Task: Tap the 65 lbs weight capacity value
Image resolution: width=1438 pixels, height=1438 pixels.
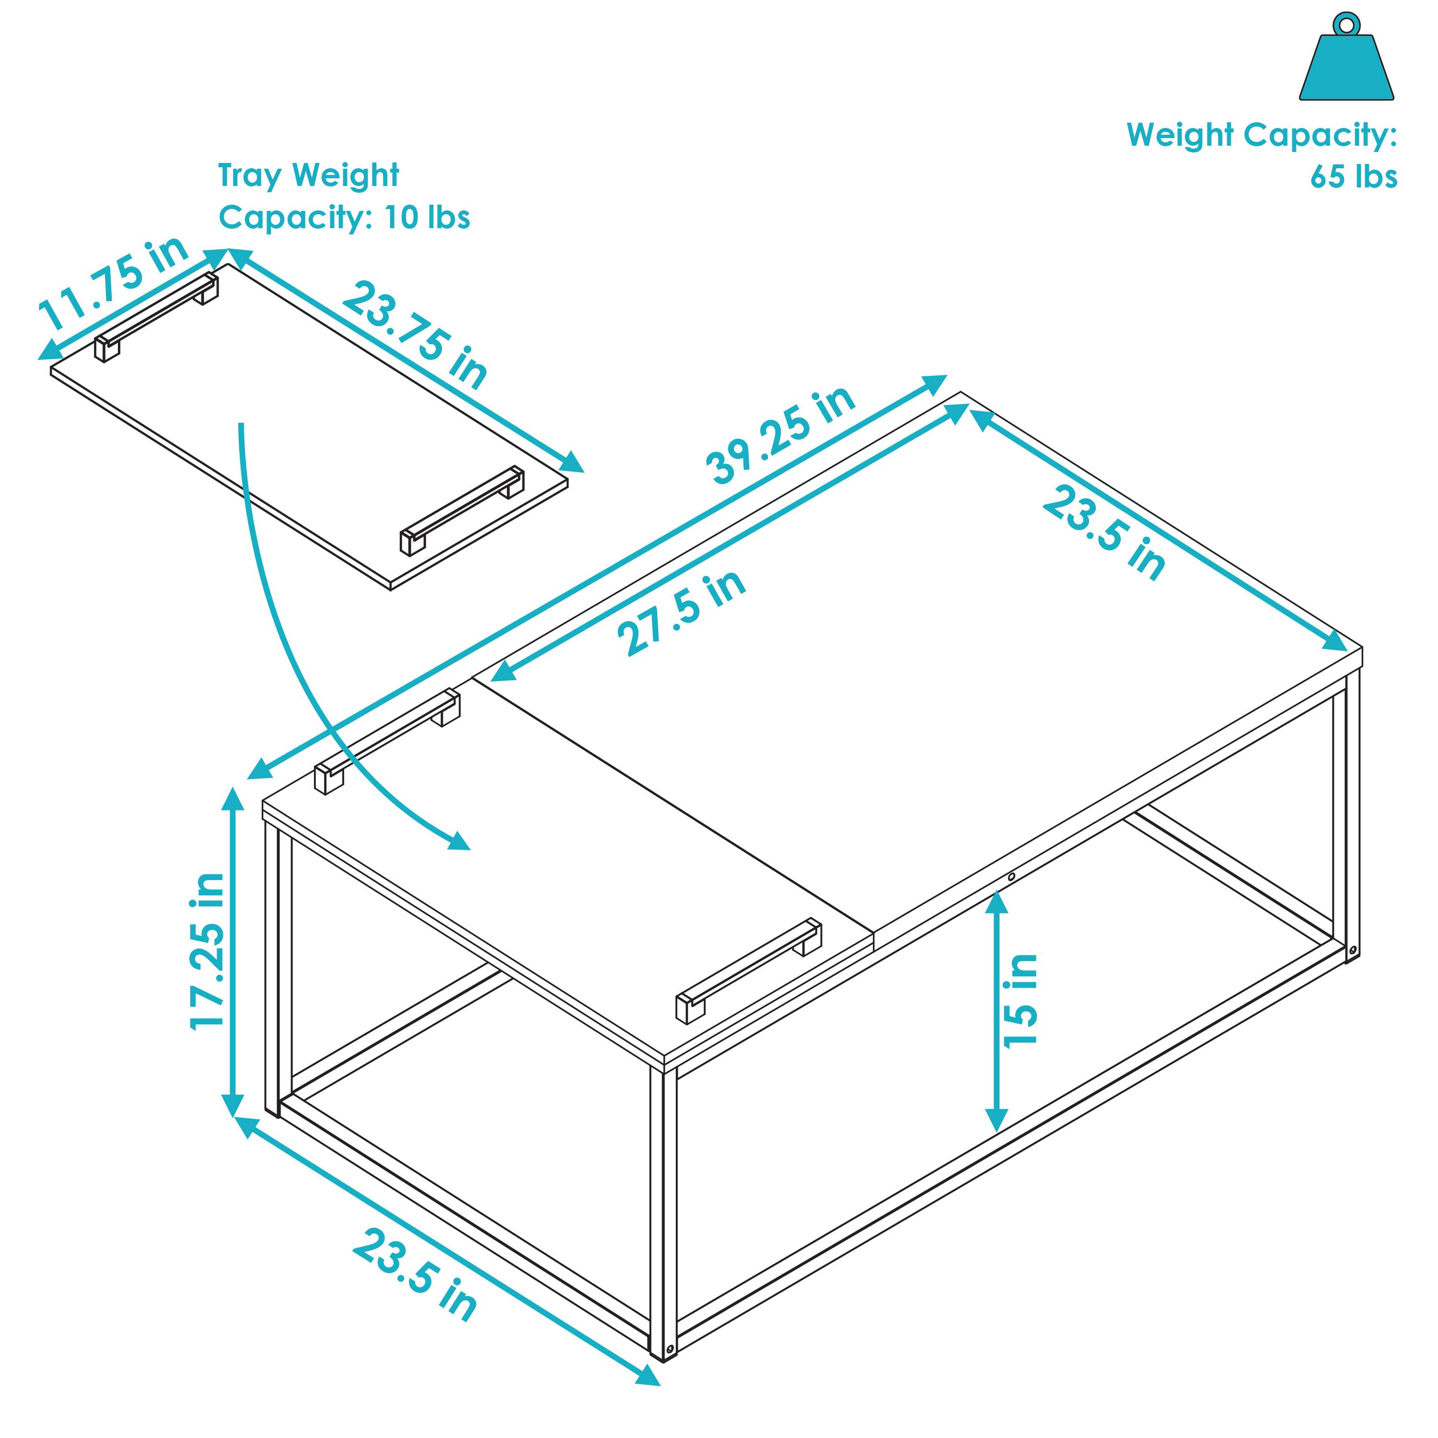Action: coord(1353,177)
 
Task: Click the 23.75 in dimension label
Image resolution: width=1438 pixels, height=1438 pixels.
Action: coord(415,336)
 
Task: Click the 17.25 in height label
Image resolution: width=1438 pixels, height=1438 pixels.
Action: coord(208,951)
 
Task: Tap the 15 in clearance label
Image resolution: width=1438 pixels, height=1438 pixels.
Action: coord(1021,1001)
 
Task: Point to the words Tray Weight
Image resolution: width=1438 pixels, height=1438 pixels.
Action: coord(308,175)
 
